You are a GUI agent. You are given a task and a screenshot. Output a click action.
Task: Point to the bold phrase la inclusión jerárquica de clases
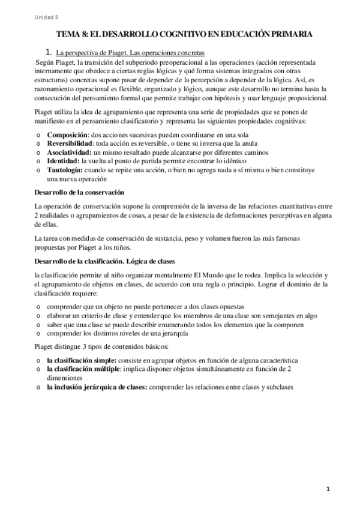pyautogui.click(x=96, y=387)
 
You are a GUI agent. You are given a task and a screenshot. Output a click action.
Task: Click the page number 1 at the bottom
pyautogui.click(x=329, y=489)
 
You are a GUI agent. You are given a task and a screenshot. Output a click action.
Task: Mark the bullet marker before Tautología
pyautogui.click(x=38, y=170)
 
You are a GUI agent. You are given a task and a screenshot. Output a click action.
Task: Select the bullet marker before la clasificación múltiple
pyautogui.click(x=38, y=369)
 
